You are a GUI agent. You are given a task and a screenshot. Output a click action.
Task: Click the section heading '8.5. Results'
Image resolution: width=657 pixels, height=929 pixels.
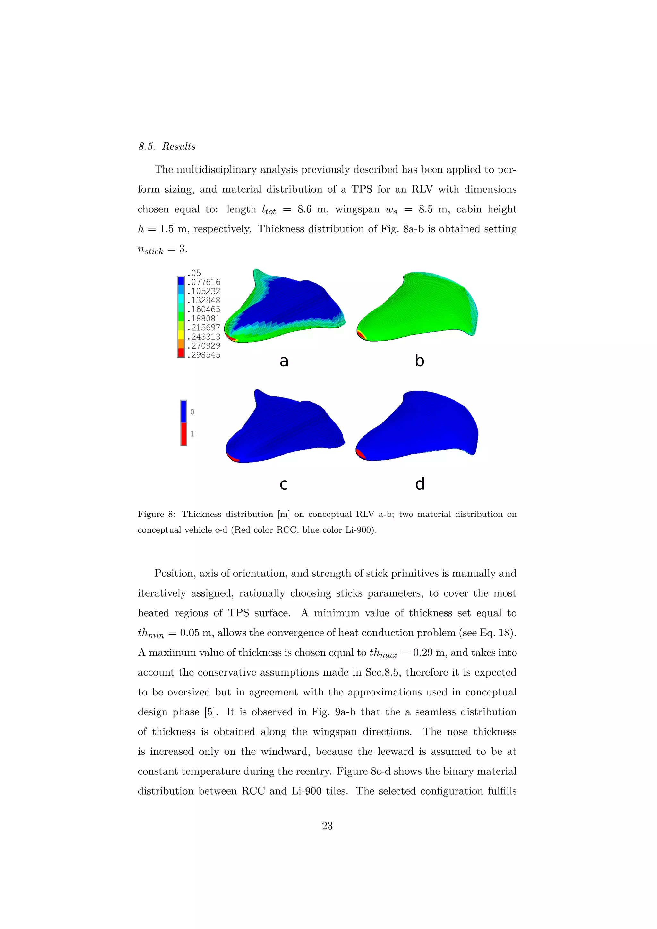[x=167, y=147]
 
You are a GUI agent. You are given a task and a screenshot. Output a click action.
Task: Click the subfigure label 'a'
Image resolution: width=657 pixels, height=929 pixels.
[x=284, y=361]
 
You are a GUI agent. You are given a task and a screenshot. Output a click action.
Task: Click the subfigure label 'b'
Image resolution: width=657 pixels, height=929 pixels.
[x=420, y=360]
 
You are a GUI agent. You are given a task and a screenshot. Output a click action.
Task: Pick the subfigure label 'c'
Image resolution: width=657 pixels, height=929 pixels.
[x=284, y=484]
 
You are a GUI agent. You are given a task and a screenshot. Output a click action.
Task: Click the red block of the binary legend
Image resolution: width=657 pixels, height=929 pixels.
[x=184, y=434]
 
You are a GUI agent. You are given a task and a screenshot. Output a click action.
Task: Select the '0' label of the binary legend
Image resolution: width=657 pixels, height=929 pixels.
[x=192, y=412]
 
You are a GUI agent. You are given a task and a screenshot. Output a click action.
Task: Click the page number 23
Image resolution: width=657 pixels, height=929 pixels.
[x=327, y=826]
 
